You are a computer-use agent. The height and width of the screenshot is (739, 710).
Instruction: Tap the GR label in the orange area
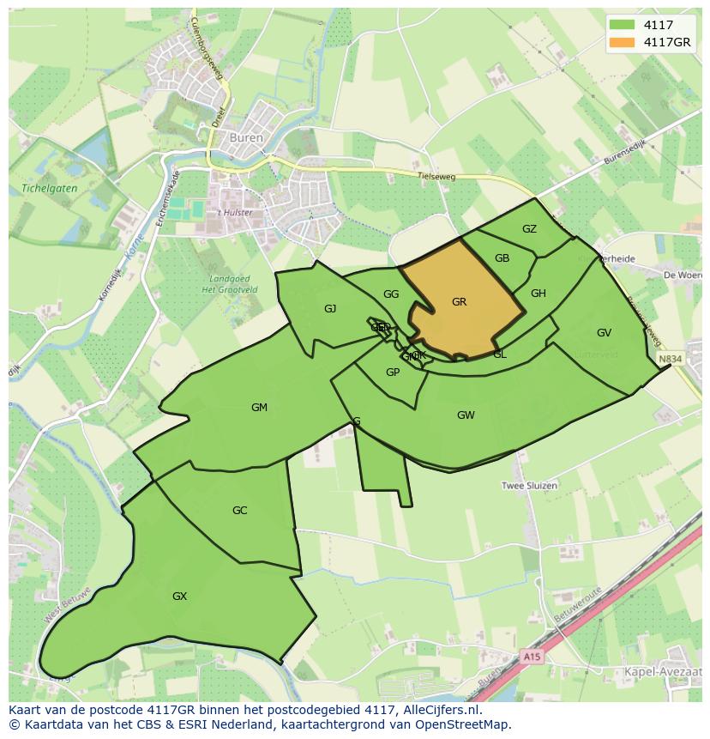(x=459, y=302)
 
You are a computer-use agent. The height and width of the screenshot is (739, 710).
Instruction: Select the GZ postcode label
(x=529, y=228)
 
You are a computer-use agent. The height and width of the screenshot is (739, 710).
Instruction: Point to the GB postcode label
(x=502, y=258)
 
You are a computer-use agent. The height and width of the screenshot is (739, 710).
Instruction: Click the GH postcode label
(x=538, y=294)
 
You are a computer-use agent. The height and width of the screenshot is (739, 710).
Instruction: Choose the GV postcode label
(x=604, y=333)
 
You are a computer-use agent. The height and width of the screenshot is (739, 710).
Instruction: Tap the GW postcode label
(x=466, y=415)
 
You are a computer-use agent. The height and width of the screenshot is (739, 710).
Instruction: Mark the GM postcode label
(x=259, y=408)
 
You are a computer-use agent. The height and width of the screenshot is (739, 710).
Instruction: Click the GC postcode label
(x=239, y=511)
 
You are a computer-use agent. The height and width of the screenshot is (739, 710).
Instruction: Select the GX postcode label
(x=179, y=597)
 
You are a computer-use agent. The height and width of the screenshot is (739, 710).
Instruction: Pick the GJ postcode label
(x=330, y=309)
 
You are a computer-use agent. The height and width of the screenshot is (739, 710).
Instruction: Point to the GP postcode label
(x=393, y=373)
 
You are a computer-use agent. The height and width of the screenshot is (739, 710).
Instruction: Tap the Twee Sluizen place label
(x=529, y=486)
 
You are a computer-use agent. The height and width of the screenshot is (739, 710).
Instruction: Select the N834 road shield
(x=671, y=359)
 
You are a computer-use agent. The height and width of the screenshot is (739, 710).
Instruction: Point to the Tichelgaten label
(x=44, y=188)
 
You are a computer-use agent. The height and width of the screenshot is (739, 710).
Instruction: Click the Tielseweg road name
(x=435, y=175)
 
